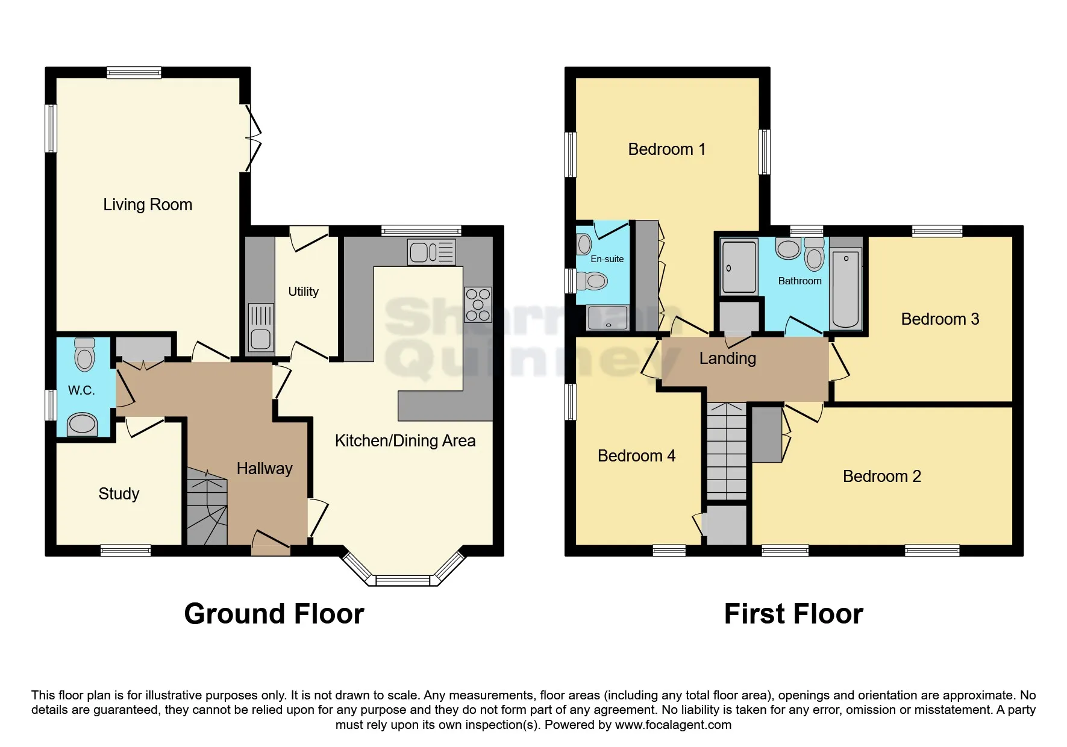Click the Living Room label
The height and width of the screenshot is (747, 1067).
coord(148,205)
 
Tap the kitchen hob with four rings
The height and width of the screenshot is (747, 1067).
coord(478,305)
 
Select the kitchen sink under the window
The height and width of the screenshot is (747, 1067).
coord(431,252)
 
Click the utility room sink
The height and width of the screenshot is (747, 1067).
coord(261,328)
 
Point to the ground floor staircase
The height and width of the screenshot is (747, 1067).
coord(207,507)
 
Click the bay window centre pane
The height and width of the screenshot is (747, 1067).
coord(403,581)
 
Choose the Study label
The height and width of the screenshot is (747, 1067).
coord(119,494)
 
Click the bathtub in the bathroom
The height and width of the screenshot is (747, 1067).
coord(845,290)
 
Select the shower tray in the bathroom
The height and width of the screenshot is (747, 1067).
coord(739,267)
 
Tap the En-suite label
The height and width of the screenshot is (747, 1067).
coord(607,259)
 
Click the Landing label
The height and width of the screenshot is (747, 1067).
coord(727,358)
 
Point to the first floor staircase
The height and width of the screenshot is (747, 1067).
coord(726,451)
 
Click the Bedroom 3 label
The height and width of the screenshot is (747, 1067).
coord(939,319)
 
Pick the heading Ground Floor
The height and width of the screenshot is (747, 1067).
coord(274,614)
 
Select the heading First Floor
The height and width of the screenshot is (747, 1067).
coord(793,614)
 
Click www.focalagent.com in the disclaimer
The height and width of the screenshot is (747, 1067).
coord(673,725)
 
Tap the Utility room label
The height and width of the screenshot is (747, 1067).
coord(303,292)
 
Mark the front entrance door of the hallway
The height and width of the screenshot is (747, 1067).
coord(270,544)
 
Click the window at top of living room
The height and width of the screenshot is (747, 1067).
coord(134,73)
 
